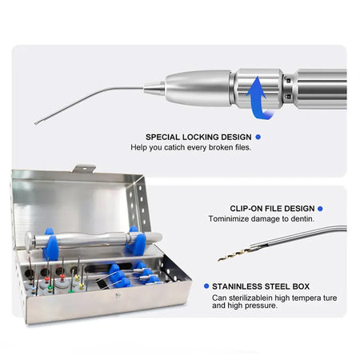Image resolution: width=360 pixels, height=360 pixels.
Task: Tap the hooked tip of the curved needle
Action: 36,121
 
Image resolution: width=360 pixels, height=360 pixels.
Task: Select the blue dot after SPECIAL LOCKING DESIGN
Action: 257,137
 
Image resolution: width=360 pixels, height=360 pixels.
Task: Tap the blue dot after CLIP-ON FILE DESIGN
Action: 320,208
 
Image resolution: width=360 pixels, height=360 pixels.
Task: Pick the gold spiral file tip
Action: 233,255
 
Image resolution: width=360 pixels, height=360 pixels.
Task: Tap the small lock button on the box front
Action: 118,294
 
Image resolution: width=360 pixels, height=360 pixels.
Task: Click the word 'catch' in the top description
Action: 173,147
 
